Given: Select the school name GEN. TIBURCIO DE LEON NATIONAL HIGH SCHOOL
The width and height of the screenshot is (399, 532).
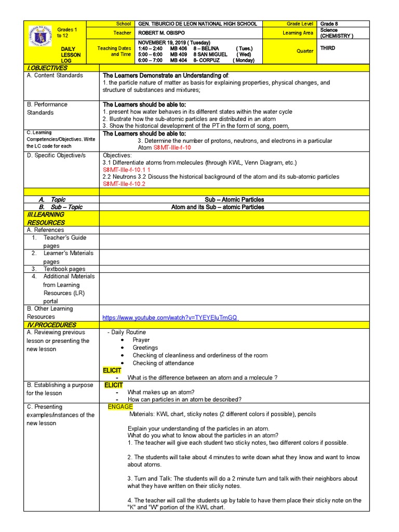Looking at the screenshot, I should [x=197, y=24].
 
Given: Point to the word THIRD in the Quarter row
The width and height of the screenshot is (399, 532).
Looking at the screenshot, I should [x=328, y=48].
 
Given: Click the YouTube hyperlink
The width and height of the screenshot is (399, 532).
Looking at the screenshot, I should [x=170, y=317].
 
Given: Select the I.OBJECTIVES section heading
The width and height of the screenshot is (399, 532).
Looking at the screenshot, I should [x=47, y=68].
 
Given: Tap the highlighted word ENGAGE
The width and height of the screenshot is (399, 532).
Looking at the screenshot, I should [x=121, y=406].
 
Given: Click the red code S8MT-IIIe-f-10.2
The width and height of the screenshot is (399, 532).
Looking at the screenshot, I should [x=124, y=184].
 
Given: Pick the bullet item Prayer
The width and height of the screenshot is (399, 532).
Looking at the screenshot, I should [x=141, y=340].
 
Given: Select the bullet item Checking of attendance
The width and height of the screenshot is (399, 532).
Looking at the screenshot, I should [x=163, y=363].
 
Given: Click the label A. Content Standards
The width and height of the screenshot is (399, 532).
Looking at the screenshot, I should [x=55, y=75].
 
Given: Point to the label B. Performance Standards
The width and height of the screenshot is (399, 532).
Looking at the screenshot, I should [x=47, y=108].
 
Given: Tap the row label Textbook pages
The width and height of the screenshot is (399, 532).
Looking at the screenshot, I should [x=64, y=269].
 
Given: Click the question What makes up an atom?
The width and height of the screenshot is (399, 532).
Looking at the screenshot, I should [x=161, y=392].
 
